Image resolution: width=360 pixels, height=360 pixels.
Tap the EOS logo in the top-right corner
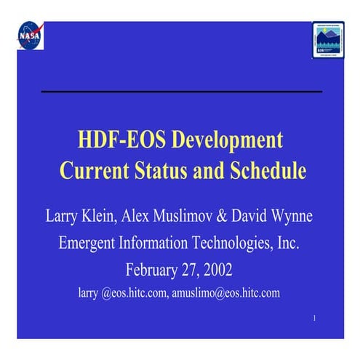[328, 37]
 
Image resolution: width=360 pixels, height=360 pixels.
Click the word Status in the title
[158, 172]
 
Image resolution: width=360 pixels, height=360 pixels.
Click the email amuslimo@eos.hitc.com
[225, 293]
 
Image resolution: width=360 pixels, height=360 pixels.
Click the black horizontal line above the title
[180, 92]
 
